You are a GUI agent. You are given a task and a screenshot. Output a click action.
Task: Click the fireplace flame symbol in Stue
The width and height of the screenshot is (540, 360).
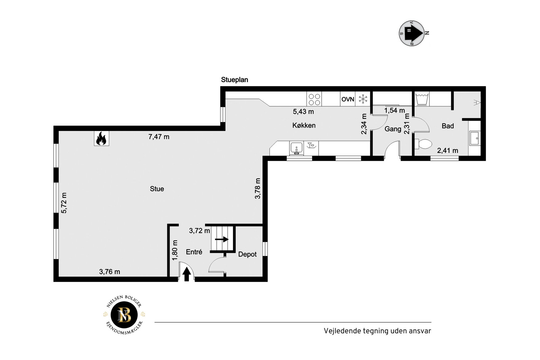pyautogui.click(x=101, y=138)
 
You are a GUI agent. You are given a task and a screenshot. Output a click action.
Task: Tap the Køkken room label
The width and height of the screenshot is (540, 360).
pyautogui.click(x=304, y=126)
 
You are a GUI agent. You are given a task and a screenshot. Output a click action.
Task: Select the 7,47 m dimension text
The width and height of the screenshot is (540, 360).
pyautogui.click(x=159, y=137)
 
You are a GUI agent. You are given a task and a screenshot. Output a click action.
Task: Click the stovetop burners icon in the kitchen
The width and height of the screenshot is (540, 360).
pyautogui.click(x=314, y=99)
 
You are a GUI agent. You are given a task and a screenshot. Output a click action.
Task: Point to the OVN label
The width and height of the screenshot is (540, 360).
pyautogui.click(x=348, y=99)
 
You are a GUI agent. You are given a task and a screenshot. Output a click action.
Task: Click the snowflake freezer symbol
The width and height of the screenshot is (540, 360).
pyautogui.click(x=363, y=99)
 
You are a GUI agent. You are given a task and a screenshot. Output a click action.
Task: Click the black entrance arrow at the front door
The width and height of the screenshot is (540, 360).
pyautogui.click(x=186, y=274)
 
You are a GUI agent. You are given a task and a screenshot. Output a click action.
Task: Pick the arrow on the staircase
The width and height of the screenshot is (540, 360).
pyautogui.click(x=222, y=239)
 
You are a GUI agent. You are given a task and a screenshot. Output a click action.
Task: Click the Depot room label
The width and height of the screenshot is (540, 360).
pyautogui.click(x=247, y=254)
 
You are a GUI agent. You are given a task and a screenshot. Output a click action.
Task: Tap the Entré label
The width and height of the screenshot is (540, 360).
pyautogui.click(x=194, y=252)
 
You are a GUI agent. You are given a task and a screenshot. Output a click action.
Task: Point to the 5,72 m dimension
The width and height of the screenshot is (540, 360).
pyautogui.click(x=64, y=203)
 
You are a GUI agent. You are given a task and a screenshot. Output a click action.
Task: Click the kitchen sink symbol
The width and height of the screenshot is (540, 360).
pyautogui.click(x=296, y=148)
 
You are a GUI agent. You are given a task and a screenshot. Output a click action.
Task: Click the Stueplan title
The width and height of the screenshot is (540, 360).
pyautogui.click(x=234, y=80)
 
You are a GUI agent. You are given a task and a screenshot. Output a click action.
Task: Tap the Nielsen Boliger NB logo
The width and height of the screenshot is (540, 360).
pyautogui.click(x=124, y=315)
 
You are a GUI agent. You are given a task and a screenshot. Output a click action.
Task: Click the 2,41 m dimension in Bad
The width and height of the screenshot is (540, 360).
pyautogui.click(x=447, y=151)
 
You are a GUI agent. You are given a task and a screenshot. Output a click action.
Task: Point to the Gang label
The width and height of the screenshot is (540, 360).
pyautogui.click(x=393, y=129)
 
